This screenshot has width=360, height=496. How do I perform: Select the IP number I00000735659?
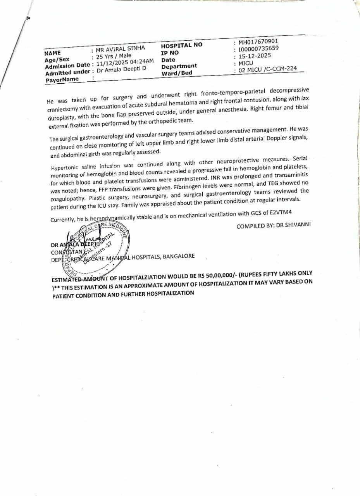point(258,49)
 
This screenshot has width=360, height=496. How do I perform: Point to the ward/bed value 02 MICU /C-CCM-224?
point(268,69)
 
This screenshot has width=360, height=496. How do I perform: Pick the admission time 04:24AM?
point(142,62)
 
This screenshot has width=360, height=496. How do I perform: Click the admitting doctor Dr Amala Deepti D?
point(121,70)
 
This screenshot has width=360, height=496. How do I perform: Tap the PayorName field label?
point(62,79)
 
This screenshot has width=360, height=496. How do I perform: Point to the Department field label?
point(179,66)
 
